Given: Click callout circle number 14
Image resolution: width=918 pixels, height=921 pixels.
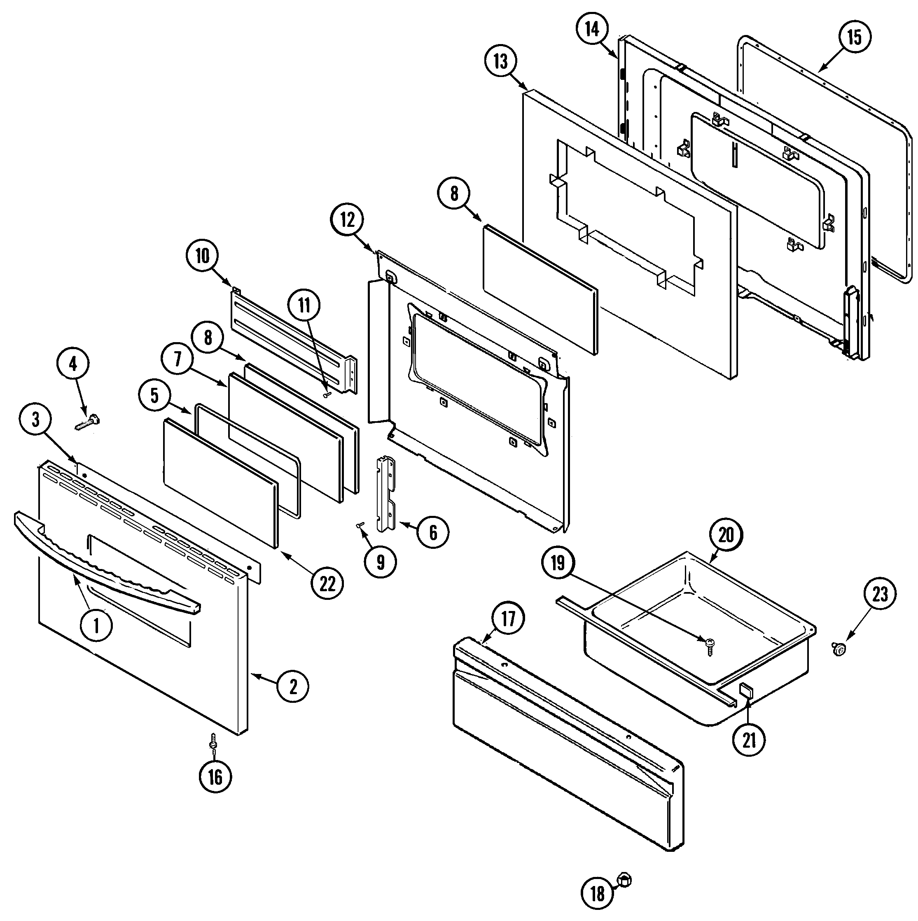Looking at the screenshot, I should (x=592, y=29).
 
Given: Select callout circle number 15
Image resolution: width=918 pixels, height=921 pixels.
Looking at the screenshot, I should (x=854, y=37).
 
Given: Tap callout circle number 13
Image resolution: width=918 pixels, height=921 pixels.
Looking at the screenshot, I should (x=501, y=61).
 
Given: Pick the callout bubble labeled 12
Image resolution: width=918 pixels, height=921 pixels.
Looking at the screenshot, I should (x=348, y=220).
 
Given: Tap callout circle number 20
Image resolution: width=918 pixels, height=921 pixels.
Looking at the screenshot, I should (x=726, y=535).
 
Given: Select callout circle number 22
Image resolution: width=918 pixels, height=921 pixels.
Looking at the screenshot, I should (x=327, y=584).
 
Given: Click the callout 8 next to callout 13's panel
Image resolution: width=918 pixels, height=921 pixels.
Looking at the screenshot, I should (x=453, y=194).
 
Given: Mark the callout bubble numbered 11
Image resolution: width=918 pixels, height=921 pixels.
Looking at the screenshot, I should (x=304, y=305).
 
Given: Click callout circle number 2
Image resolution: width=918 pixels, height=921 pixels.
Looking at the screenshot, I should (x=293, y=686).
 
